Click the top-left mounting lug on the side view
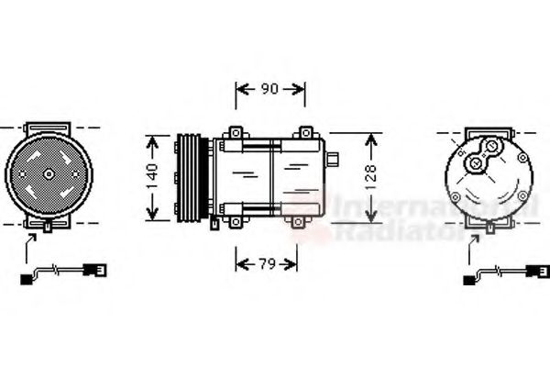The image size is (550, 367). tap(237, 135)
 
